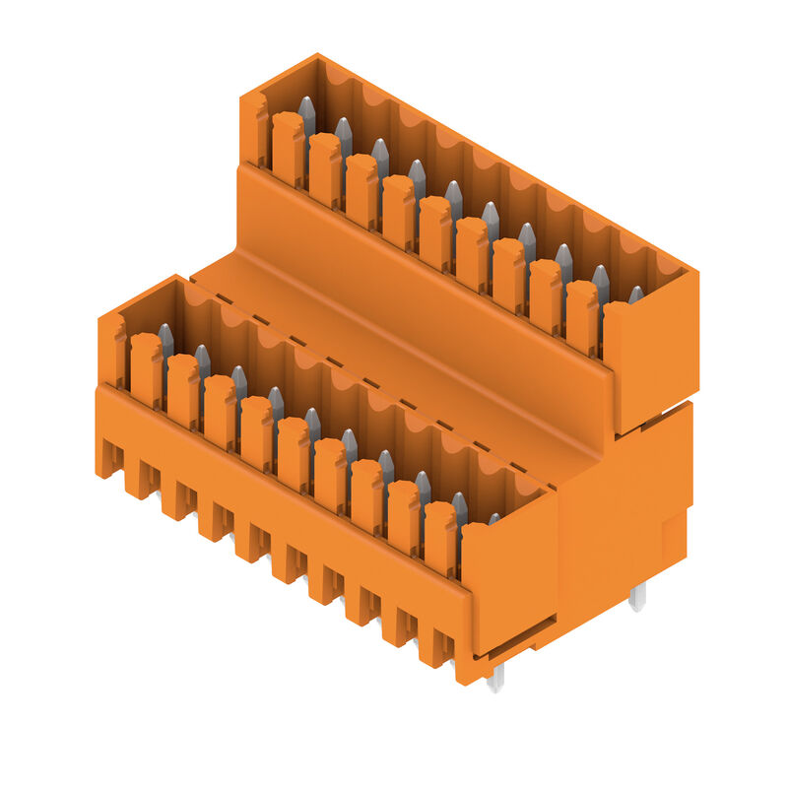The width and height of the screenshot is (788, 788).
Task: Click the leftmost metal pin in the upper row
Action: click(306, 113)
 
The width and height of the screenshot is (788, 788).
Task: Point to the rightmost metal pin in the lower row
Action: click(494, 518)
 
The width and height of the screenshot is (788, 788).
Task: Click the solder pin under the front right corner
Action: click(495, 676)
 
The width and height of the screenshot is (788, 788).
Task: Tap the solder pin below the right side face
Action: click(638, 595)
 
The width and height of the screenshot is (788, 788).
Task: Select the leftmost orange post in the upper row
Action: click(288, 148)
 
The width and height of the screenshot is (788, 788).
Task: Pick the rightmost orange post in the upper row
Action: click(581, 315)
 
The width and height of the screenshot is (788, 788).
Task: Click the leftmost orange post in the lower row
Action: click(146, 369)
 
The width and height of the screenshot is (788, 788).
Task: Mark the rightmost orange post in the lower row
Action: click(439, 537)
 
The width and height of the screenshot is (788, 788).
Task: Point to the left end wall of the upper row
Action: click(253, 128)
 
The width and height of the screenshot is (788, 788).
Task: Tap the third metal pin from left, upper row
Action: click(380, 156)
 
